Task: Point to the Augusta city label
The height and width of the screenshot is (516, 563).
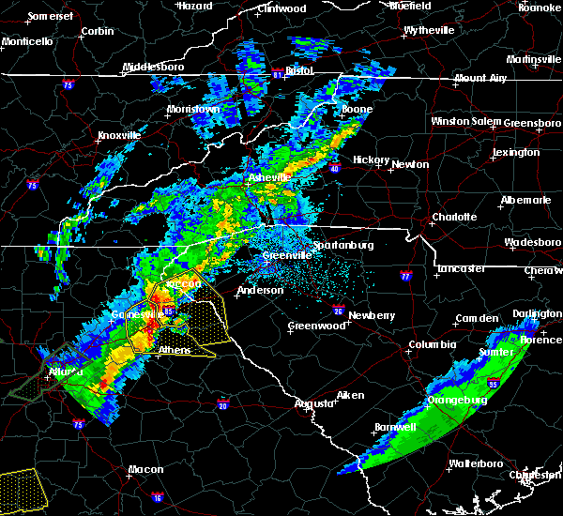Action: (313, 403)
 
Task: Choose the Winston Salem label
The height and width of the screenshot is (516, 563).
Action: (466, 122)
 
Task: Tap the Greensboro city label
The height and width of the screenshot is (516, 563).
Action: (532, 122)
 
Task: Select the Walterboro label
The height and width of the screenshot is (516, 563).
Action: (477, 463)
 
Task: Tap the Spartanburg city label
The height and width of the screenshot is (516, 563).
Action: (342, 245)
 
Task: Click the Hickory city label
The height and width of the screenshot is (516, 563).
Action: (371, 159)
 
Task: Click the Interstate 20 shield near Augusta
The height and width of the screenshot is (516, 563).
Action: (223, 404)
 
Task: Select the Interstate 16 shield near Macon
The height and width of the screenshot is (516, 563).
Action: (158, 497)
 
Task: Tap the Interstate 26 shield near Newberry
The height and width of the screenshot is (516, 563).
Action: (339, 309)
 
